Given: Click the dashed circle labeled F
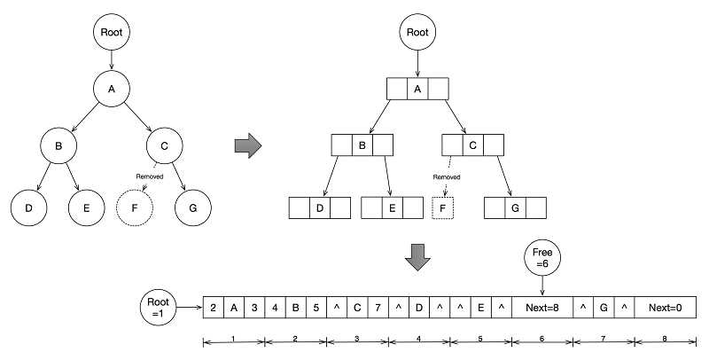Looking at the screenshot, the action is (x=135, y=208).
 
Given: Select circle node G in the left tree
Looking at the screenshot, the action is (x=193, y=208).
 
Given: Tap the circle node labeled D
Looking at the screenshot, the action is (x=29, y=208).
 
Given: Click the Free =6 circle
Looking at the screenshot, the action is (x=542, y=258).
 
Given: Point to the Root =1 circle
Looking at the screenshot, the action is (x=159, y=308).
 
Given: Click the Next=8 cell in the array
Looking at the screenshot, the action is (x=542, y=308).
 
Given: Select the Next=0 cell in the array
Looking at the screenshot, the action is (x=666, y=308).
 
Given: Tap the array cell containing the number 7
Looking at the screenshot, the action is (x=378, y=308).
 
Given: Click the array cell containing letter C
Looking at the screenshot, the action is (x=357, y=308).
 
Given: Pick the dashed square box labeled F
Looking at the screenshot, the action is (x=442, y=208).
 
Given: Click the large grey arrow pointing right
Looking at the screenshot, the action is (x=248, y=145).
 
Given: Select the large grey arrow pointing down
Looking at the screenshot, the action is (x=417, y=257).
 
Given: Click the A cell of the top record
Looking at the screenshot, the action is (x=417, y=89).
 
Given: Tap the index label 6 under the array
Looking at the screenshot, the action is (x=541, y=339).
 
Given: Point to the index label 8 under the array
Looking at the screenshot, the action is (x=665, y=339).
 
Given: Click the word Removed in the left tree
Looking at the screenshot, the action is (x=150, y=176).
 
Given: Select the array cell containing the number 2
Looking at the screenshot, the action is (x=214, y=308).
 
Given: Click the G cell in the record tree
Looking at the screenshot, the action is (x=515, y=208).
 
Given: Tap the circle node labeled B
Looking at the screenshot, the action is (x=58, y=145).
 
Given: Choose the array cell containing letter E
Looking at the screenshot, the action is (x=480, y=308).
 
